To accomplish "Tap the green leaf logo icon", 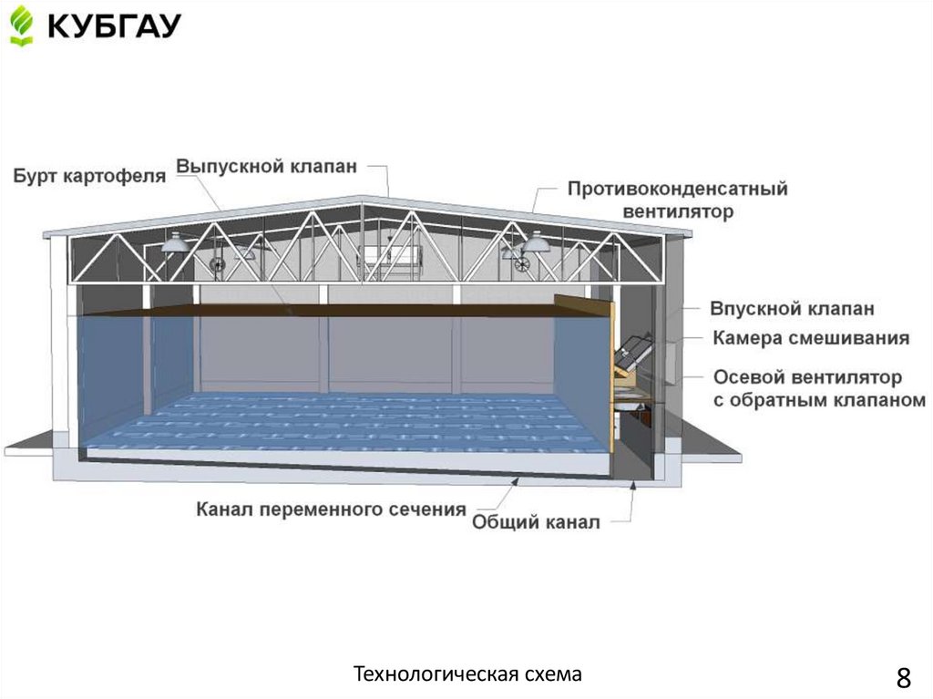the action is click(x=21, y=26).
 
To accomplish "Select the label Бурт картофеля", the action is click(x=89, y=176).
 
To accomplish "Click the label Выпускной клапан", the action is click(x=266, y=167).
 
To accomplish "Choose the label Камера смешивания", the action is click(x=811, y=338).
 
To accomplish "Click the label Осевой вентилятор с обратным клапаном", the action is click(x=819, y=388).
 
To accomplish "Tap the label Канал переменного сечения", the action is click(x=332, y=509).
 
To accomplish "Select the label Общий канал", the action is click(x=536, y=523).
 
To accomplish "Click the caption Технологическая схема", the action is click(x=466, y=674).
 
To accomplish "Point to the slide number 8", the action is click(x=903, y=678).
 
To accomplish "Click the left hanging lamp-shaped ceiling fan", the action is click(x=174, y=242).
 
